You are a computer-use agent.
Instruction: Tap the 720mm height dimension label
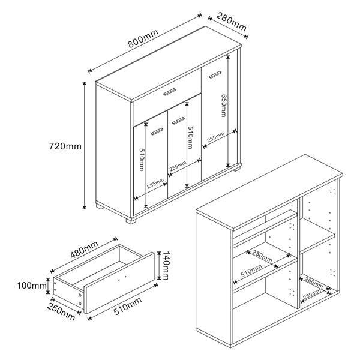coord(65,146)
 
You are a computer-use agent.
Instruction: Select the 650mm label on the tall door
coord(223,106)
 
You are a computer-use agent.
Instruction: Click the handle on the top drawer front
coord(170,92)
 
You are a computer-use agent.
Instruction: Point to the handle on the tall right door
coord(215,74)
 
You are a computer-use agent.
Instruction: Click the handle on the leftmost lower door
coord(157,131)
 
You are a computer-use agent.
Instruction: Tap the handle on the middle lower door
coord(178,121)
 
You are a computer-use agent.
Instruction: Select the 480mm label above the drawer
coord(84,249)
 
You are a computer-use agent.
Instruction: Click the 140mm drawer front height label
coord(166,265)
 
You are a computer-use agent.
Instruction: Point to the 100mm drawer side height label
coord(32,286)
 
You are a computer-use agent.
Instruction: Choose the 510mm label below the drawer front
coord(128,305)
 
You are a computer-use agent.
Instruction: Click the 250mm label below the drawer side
coord(61,311)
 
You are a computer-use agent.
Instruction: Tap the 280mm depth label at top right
coord(232,22)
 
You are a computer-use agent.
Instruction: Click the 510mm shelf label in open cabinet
coord(251,271)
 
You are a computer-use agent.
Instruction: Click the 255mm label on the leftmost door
coord(155,183)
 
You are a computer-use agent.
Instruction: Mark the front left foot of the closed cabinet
coord(131,220)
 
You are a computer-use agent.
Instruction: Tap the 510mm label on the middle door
coord(190,137)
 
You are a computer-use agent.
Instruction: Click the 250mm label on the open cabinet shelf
coord(262,256)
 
